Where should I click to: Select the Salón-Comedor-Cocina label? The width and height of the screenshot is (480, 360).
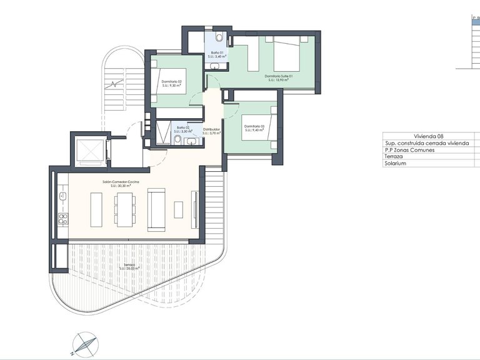[121, 183]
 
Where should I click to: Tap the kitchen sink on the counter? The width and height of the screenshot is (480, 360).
[62, 196]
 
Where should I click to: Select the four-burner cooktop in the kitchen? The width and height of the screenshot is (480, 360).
[62, 218]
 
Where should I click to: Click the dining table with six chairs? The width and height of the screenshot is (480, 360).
[124, 209]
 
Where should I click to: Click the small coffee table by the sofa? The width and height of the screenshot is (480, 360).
[178, 209]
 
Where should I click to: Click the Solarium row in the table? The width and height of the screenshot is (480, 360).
[396, 163]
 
